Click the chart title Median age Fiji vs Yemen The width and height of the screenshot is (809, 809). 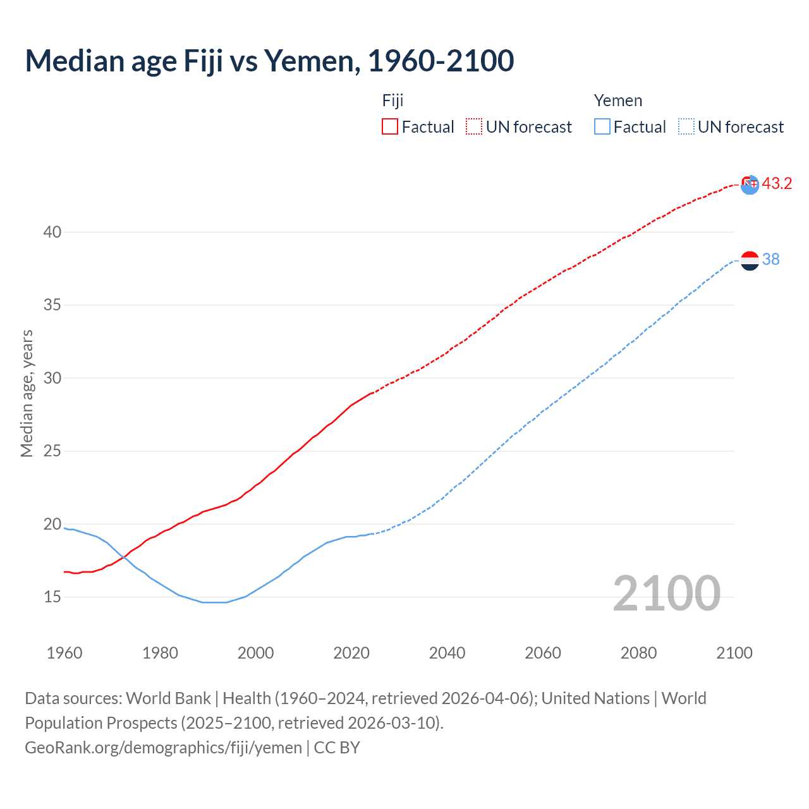point(269,61)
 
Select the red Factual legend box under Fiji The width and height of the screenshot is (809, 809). point(390,127)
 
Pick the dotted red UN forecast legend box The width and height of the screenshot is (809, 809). point(474,127)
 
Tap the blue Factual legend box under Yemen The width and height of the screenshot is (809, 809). point(602,127)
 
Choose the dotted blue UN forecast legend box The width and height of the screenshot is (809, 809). point(686,127)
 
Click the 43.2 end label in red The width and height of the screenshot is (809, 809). point(777,184)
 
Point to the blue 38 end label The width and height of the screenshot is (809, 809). point(770,260)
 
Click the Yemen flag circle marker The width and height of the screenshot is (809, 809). point(750,260)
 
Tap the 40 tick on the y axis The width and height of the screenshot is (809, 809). point(52,232)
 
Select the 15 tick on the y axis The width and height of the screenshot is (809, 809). point(52,597)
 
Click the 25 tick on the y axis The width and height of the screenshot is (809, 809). point(52,451)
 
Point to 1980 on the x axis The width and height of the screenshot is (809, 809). point(160,653)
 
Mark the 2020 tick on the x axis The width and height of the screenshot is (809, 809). point(351,653)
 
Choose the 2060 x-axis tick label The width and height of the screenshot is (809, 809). point(543,653)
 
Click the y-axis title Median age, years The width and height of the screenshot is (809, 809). point(27,393)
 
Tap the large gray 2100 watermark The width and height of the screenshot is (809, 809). point(666,593)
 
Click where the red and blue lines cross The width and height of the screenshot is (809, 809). point(123,556)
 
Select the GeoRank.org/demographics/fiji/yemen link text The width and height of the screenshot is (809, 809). point(163,748)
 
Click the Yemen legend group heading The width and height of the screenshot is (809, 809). point(617,100)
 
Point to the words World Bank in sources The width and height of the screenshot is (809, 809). point(168,698)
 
